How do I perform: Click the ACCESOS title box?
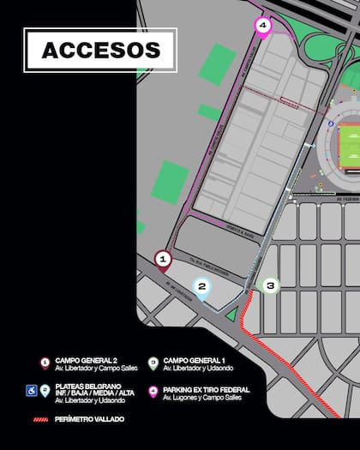coord(100,51)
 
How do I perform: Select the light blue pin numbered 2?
coord(202,287)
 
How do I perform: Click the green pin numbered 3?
coord(271,285)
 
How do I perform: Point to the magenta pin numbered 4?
coord(262,27)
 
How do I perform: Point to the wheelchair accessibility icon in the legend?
coord(31,391)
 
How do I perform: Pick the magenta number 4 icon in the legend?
coord(153,391)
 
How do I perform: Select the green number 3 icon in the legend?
coord(153,363)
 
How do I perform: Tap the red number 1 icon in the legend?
coord(45,363)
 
